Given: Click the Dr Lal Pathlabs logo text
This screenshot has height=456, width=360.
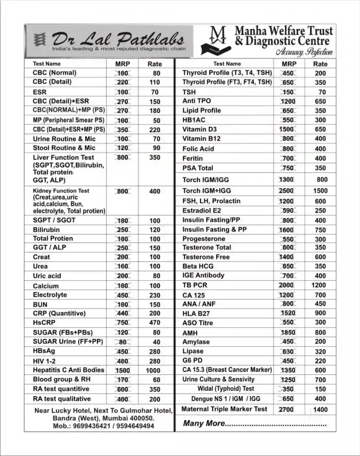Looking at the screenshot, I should [x=118, y=39].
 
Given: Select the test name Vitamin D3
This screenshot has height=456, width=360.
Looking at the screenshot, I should [x=200, y=129].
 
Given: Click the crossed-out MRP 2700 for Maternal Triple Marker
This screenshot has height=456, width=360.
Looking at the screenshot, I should [x=286, y=409].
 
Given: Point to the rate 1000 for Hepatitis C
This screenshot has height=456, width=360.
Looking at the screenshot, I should [x=153, y=370].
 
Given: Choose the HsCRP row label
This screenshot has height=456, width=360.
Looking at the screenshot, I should [x=44, y=322].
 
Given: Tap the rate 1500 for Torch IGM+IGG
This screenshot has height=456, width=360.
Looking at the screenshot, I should [x=320, y=191].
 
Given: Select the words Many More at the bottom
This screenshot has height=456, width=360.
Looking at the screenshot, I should [x=204, y=423].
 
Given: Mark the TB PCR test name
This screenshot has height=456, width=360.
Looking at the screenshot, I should [x=195, y=285].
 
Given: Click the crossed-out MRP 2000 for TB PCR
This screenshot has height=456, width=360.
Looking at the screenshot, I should [x=286, y=285].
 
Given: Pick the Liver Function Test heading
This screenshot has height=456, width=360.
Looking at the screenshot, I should [x=64, y=157].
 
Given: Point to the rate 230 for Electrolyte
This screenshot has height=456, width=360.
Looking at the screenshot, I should [x=154, y=295].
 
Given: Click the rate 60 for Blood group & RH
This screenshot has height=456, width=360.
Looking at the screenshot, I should [x=156, y=380].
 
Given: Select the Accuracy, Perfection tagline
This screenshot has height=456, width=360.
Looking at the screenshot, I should [x=304, y=52].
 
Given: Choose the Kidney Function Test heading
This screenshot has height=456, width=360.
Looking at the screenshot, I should [x=61, y=191].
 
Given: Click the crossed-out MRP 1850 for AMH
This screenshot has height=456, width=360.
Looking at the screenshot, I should [x=288, y=332].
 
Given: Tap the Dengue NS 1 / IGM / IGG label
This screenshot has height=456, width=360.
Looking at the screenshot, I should [x=226, y=398].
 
